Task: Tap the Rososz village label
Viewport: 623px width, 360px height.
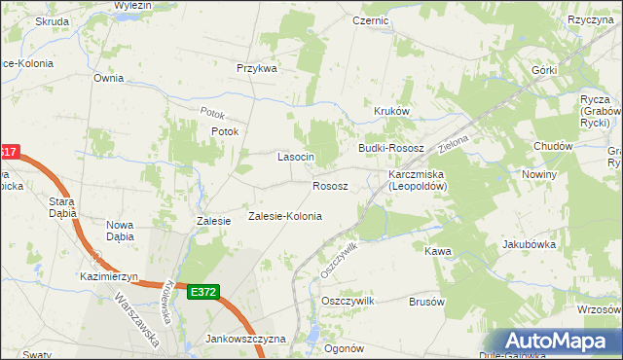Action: [330, 186]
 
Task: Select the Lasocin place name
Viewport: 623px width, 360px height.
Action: [296, 157]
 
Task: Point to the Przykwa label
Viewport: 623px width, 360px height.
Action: [258, 69]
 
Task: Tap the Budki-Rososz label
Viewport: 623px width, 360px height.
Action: [391, 147]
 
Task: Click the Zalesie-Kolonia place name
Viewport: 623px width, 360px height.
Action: [285, 216]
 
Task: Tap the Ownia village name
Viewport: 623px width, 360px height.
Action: [109, 77]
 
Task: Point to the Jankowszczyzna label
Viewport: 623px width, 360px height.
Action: [245, 339]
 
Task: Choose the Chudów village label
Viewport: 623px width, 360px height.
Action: [552, 146]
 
